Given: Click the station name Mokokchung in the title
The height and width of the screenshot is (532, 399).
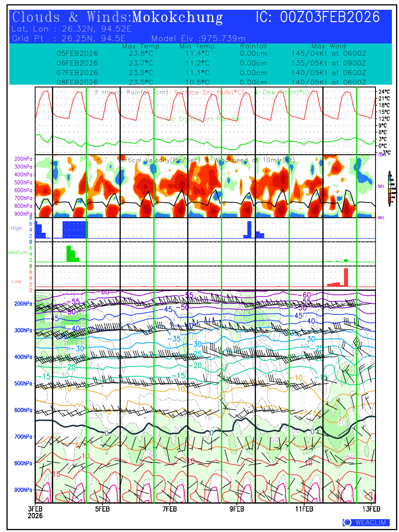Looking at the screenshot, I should click(177, 17).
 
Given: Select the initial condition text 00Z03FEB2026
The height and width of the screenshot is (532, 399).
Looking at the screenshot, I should click(330, 17).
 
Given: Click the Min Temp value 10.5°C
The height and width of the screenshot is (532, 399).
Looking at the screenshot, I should click(196, 82).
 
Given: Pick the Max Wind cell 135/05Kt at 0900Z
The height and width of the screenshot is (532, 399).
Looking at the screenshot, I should click(329, 63).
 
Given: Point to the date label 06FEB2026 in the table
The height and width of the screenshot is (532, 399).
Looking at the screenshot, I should click(77, 63).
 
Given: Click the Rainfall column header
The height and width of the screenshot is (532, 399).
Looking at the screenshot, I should click(253, 46).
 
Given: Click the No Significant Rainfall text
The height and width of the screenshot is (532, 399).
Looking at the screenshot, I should click(203, 119).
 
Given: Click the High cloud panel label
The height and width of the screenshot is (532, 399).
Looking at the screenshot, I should click(16, 228).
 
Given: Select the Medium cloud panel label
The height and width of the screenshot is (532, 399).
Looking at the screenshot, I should click(18, 253).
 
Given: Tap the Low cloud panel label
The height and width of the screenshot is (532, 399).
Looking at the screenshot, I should click(16, 282).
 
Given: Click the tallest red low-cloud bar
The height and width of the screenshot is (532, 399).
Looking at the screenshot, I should click(346, 278).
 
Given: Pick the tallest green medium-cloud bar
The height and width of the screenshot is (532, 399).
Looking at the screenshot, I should click(68, 254).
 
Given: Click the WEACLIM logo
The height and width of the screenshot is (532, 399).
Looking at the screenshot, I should click(366, 523).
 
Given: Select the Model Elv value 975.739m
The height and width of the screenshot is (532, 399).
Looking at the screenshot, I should click(223, 38).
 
